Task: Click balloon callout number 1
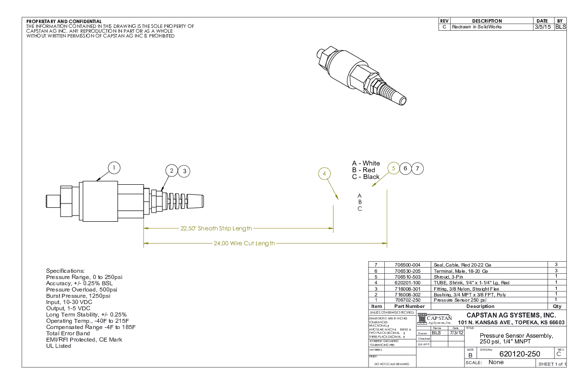pos(114,168)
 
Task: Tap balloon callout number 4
pos(325,173)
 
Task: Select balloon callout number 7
pos(418,168)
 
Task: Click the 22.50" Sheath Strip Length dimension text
pos(216,228)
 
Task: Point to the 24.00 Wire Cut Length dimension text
pos(245,243)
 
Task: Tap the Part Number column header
pos(409,306)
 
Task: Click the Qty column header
pos(557,306)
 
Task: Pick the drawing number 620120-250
pos(520,354)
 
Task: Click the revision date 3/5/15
pos(542,27)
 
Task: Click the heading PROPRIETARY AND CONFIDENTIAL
pos(64,21)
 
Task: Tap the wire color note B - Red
pos(364,170)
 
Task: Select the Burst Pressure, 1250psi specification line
pos(76,296)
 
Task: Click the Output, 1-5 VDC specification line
pos(70,308)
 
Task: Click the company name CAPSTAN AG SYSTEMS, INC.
pos(511,315)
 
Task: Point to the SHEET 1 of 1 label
pos(552,364)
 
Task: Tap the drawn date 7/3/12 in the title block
pos(456,332)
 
